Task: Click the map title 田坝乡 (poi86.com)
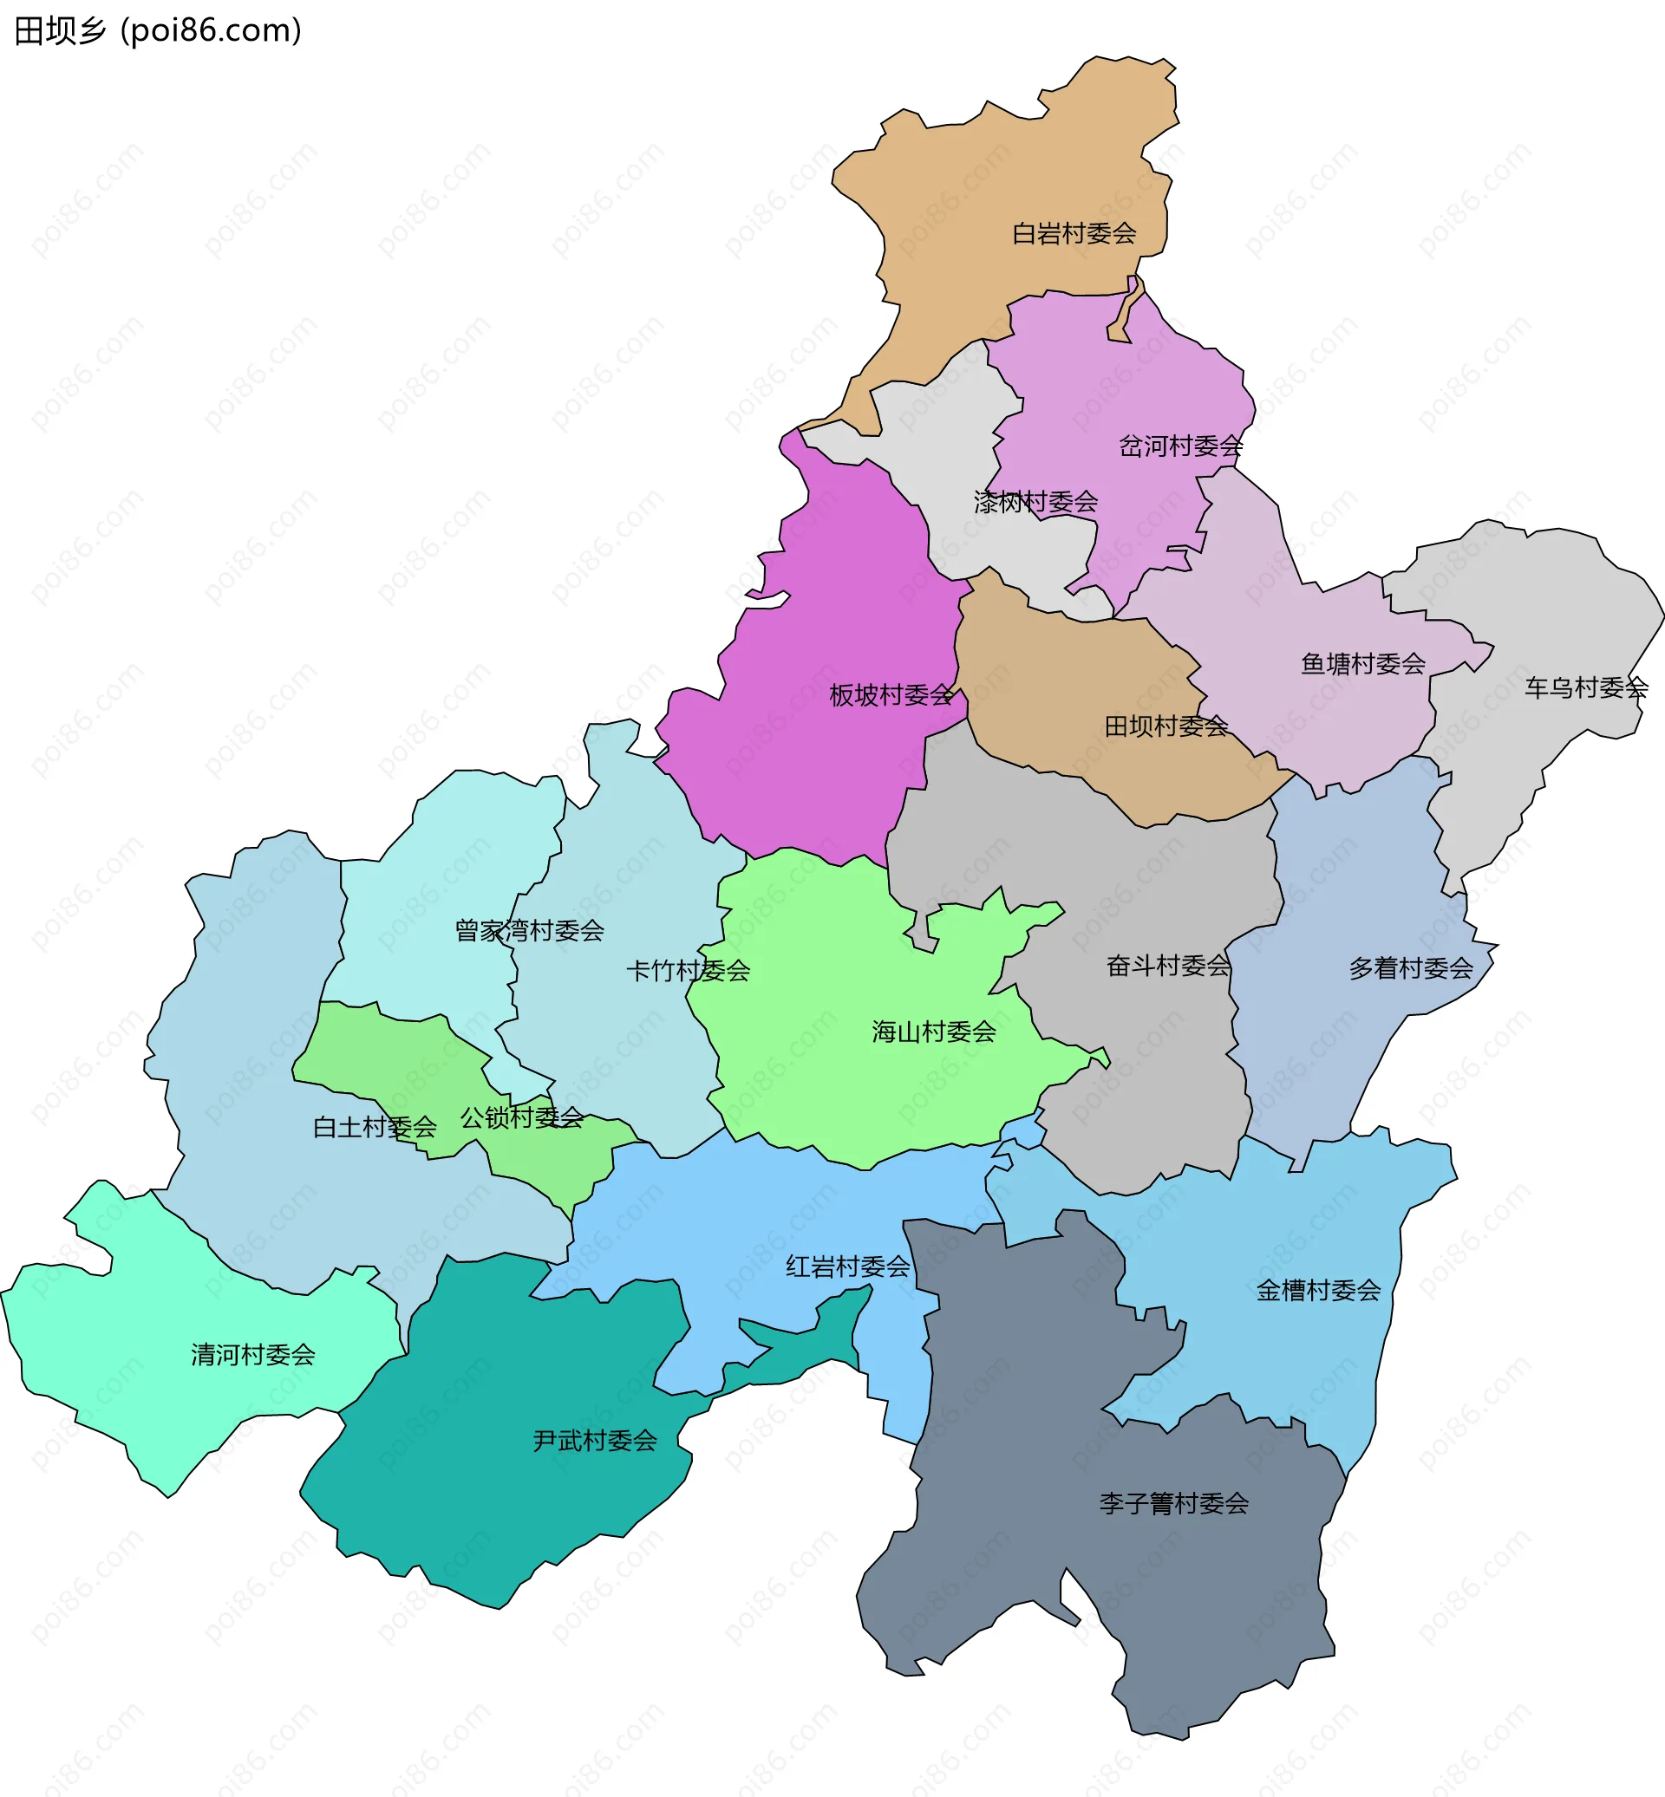(x=159, y=30)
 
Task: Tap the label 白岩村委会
(x=1074, y=234)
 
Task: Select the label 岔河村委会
(x=1180, y=446)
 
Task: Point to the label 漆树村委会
(x=1035, y=502)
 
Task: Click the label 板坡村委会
(x=891, y=695)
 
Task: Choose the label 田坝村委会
(x=1165, y=726)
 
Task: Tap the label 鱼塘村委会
(x=1362, y=664)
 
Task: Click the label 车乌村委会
(x=1586, y=688)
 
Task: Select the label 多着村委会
(x=1410, y=968)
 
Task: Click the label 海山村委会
(x=933, y=1032)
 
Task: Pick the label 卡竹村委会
(x=688, y=970)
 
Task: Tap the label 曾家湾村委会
(x=529, y=930)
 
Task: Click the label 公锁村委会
(x=522, y=1118)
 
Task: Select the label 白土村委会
(x=374, y=1127)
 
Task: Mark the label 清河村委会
(x=253, y=1355)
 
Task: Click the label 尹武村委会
(x=595, y=1442)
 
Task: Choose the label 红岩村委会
(x=848, y=1267)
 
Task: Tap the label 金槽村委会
(x=1318, y=1291)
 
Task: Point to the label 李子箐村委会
(x=1173, y=1503)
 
